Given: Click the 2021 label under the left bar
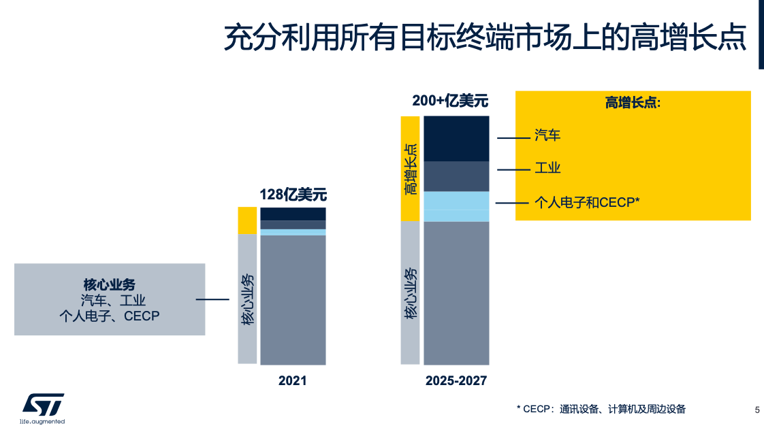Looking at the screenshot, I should [293, 381].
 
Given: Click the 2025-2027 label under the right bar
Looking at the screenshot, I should [456, 381].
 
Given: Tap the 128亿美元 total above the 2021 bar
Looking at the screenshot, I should [293, 195].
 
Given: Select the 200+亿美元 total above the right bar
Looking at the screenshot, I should [450, 101].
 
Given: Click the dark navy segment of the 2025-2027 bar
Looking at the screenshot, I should [456, 138].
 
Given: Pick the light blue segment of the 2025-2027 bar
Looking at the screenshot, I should [456, 206].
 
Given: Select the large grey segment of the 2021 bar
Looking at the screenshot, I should [293, 299].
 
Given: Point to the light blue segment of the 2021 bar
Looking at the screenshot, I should [293, 232].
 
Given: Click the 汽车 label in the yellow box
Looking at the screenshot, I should [547, 135].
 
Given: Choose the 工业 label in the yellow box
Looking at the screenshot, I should [547, 168].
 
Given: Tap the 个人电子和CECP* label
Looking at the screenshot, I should [588, 202].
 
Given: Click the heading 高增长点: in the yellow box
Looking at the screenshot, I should [633, 103].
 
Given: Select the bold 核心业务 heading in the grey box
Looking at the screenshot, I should [110, 284].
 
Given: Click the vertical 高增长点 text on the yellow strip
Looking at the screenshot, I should [411, 169].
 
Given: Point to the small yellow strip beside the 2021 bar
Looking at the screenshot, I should [247, 220].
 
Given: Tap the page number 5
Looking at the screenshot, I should [757, 409].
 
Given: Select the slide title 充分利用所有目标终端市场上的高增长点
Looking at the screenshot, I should [485, 37].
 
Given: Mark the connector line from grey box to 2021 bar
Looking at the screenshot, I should [212, 299].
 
